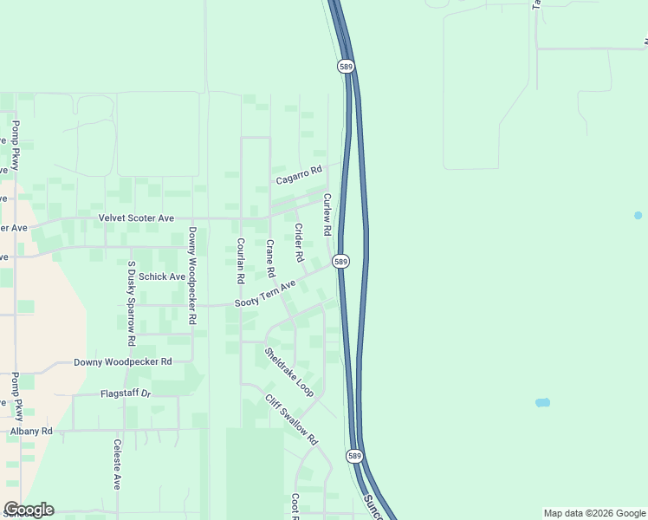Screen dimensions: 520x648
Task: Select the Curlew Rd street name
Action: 327,215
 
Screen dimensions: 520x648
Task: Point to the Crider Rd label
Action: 299,244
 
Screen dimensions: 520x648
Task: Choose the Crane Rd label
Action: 270,258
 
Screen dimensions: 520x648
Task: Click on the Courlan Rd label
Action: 240,261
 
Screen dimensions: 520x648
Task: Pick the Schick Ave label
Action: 162,276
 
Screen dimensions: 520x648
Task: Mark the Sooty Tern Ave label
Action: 265,294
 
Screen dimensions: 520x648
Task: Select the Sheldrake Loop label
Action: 289,373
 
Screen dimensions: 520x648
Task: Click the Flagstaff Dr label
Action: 126,393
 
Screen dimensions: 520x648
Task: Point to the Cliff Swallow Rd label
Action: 292,420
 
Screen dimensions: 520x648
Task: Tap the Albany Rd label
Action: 31,431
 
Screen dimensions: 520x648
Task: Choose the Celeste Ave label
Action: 116,464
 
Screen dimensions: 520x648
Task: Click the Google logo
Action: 29,510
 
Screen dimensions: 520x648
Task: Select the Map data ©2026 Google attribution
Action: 594,513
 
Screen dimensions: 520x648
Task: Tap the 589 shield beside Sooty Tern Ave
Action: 341,261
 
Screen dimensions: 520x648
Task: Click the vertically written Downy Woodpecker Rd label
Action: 191,276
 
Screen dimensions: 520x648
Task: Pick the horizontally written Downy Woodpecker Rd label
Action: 122,361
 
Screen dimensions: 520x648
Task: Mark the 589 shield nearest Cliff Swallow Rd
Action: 354,455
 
